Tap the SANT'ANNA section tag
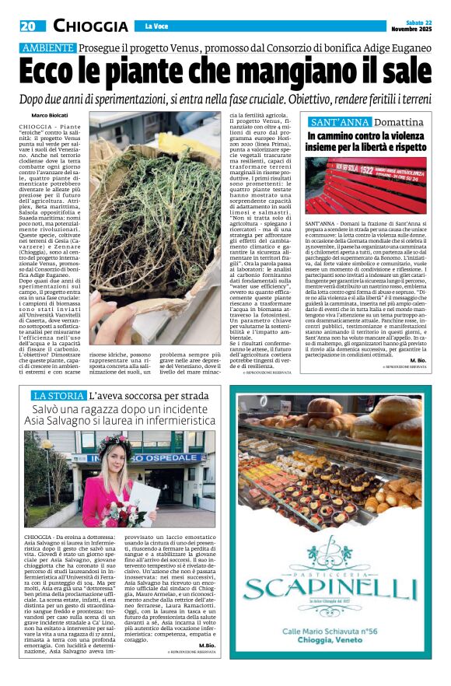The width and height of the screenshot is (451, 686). tap(338, 123)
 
